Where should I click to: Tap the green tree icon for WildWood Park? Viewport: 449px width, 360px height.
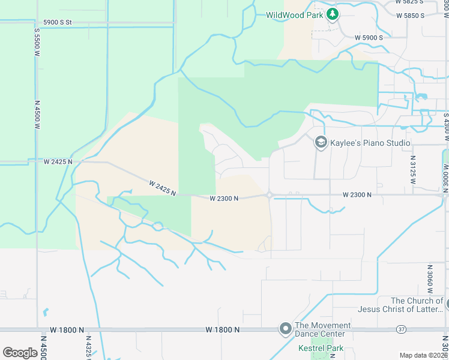pyautogui.click(x=332, y=14)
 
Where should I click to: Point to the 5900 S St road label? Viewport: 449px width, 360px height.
pyautogui.click(x=53, y=22)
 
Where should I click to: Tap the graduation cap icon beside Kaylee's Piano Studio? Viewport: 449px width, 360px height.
pyautogui.click(x=321, y=142)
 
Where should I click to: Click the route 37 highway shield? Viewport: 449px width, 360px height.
pyautogui.click(x=401, y=329)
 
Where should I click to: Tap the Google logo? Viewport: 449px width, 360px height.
pyautogui.click(x=20, y=352)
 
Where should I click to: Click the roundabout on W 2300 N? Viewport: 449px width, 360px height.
pyautogui.click(x=270, y=195)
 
